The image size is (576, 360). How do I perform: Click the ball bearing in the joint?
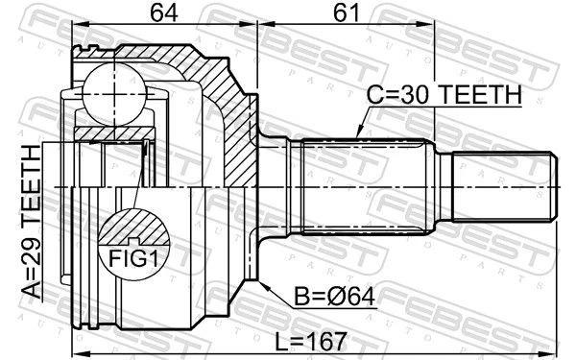click(x=112, y=93)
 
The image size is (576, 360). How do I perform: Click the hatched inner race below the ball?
click(x=110, y=131)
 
